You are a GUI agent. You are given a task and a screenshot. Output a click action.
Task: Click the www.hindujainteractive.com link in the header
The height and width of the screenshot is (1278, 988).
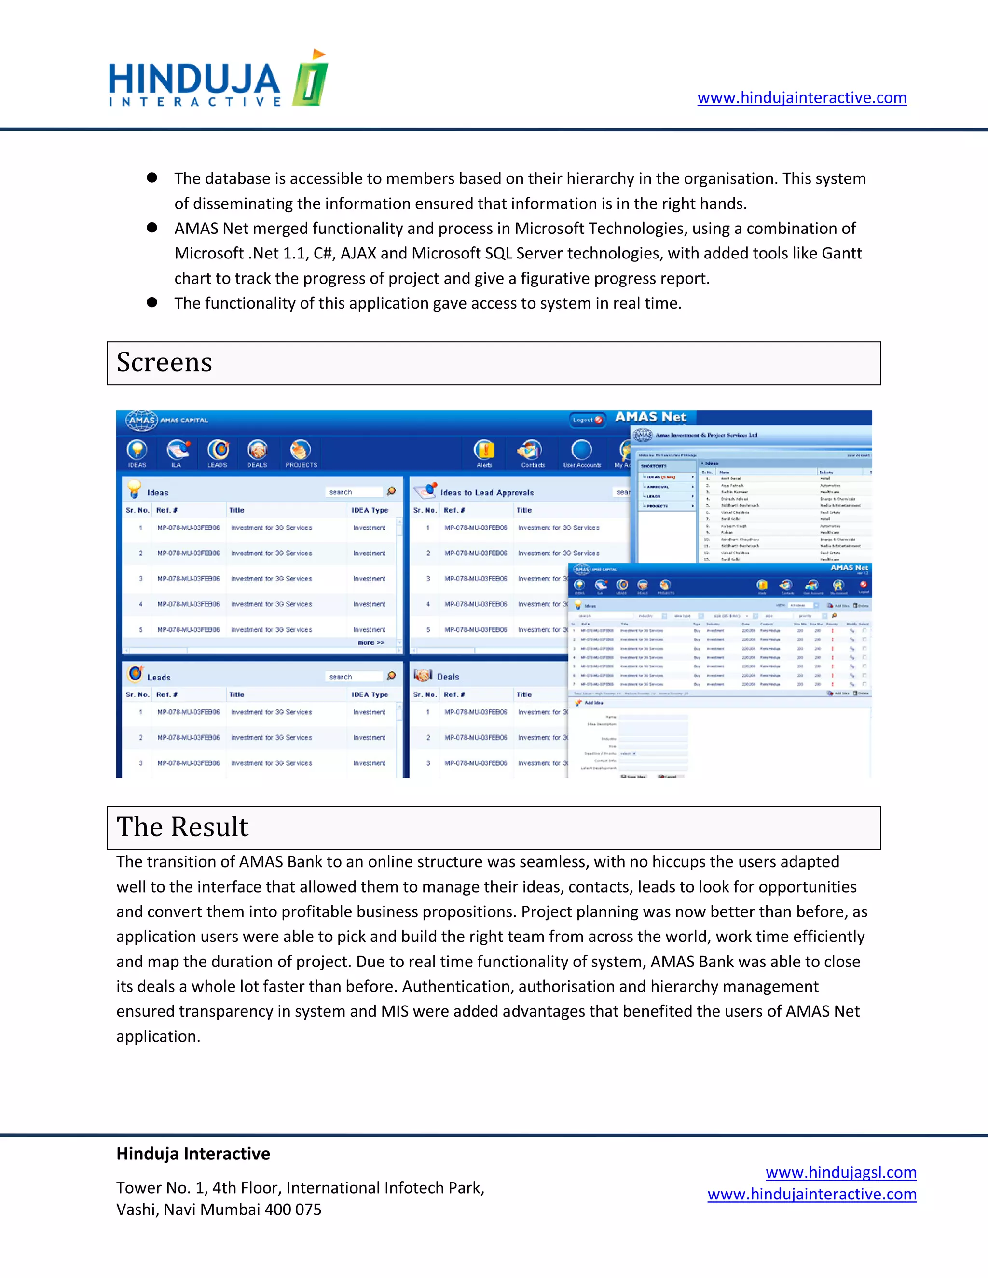[801, 98]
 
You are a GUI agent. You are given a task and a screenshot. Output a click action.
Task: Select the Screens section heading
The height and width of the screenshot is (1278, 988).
[165, 362]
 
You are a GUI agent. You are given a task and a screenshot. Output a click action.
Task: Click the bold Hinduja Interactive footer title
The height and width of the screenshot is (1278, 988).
[193, 1154]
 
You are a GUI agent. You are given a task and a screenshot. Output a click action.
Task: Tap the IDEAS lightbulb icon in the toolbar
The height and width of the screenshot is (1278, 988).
[137, 450]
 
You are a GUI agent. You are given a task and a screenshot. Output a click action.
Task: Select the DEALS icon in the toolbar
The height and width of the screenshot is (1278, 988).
[257, 450]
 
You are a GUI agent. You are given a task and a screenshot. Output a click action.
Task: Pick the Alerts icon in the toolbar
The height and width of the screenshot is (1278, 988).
[484, 450]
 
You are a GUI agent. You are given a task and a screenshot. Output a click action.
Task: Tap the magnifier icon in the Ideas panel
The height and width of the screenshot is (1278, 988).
[391, 491]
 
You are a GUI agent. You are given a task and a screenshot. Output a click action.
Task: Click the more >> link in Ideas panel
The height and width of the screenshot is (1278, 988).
[371, 642]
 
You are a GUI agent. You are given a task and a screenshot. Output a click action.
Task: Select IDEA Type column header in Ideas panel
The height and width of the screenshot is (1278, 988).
[370, 510]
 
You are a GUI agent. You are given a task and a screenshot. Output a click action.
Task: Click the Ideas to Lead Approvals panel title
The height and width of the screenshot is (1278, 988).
[487, 493]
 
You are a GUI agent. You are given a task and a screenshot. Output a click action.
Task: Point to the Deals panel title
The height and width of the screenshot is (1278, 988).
[448, 677]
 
